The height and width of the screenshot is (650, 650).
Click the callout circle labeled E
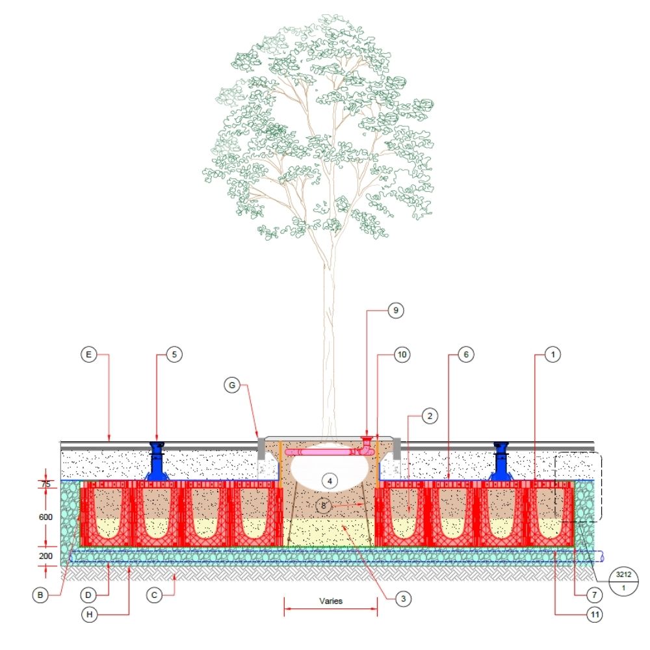point(90,355)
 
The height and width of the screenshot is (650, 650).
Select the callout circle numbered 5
point(174,355)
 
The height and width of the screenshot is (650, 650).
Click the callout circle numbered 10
point(403,355)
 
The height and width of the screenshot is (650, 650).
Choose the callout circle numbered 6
point(465,355)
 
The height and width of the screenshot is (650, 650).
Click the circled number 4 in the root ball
point(330,480)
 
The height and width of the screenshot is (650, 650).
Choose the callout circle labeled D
point(90,593)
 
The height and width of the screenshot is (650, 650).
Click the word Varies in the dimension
point(330,601)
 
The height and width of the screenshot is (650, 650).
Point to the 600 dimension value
point(46,517)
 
